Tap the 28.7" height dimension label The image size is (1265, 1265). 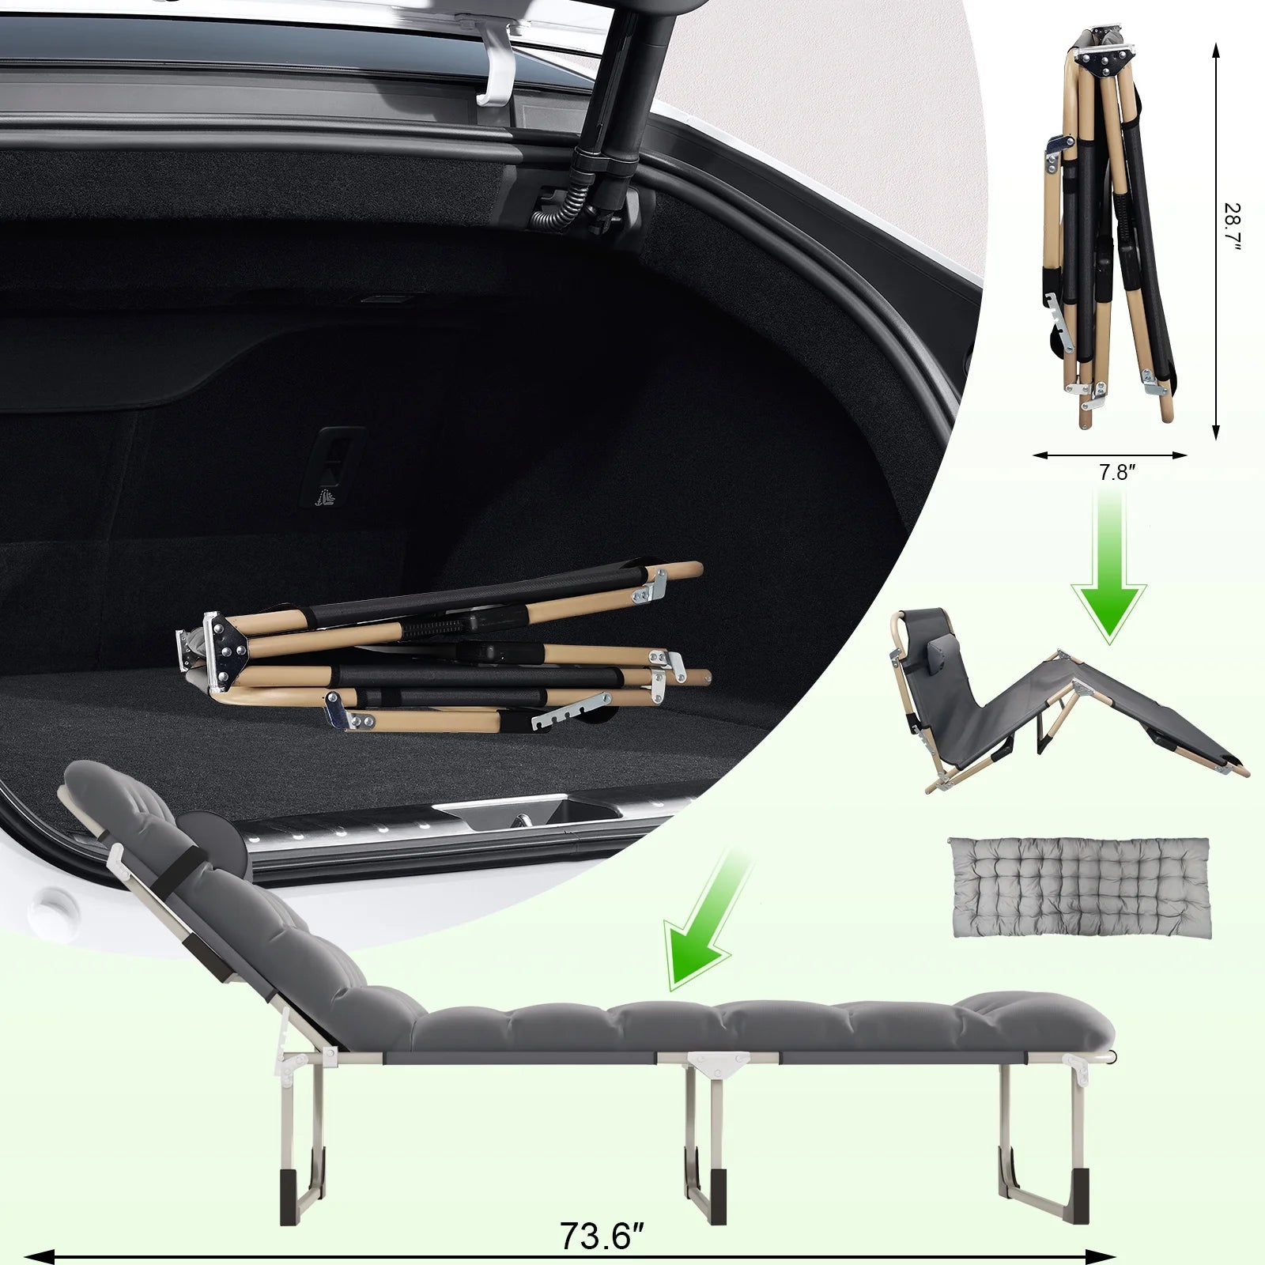point(1232,228)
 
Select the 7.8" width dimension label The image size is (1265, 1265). point(1117,473)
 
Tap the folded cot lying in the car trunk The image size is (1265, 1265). point(443,648)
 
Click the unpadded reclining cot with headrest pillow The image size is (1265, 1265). point(1067,704)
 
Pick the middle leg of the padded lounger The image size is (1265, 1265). point(706,1138)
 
